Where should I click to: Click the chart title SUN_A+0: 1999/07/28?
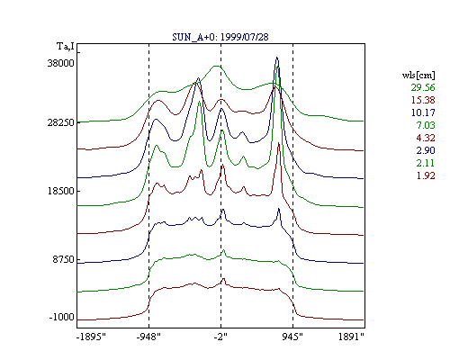coord(220,37)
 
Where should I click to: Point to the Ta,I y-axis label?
coord(66,47)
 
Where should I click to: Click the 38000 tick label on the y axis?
coord(60,63)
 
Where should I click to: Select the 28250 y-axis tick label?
coord(60,122)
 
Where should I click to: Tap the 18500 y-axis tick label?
coord(60,191)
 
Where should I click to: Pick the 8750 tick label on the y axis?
coord(63,259)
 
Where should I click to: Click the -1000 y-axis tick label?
coord(61,317)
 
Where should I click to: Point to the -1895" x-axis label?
coord(91,337)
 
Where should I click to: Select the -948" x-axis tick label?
coord(148,337)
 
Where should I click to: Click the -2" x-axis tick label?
coord(220,337)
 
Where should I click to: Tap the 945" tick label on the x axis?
coord(292,337)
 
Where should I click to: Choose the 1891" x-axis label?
coord(351,337)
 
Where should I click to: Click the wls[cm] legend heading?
coord(418,75)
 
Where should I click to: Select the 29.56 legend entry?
coord(423,87)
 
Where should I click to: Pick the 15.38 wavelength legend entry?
coord(423,100)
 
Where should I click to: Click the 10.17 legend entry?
coord(423,112)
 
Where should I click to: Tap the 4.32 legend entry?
coord(426,138)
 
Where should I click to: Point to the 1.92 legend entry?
coord(426,175)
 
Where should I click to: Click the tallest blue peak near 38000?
coord(277,58)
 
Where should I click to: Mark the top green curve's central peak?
coord(216,66)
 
